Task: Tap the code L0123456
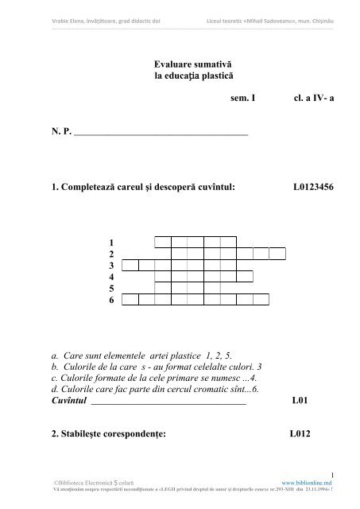click(x=316, y=188)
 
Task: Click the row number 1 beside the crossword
click(x=112, y=242)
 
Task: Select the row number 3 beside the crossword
click(x=112, y=265)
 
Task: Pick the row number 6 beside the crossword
click(x=112, y=300)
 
